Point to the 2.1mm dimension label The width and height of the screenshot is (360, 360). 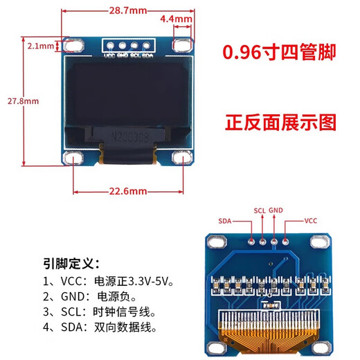tap(40, 46)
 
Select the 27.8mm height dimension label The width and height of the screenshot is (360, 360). tap(23, 100)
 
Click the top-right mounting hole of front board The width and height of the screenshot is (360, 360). tap(182, 46)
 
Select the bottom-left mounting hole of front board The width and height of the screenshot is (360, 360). tap(73, 159)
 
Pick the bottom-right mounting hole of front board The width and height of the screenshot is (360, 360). tap(182, 159)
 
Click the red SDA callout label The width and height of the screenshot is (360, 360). tap(224, 221)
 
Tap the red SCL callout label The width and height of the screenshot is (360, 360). tap(260, 210)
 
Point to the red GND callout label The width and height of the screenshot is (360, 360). tap(276, 210)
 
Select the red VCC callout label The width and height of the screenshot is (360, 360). tap(312, 221)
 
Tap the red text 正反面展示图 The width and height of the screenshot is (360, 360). tap(279, 123)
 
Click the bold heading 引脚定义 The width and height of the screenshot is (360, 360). tap(71, 263)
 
